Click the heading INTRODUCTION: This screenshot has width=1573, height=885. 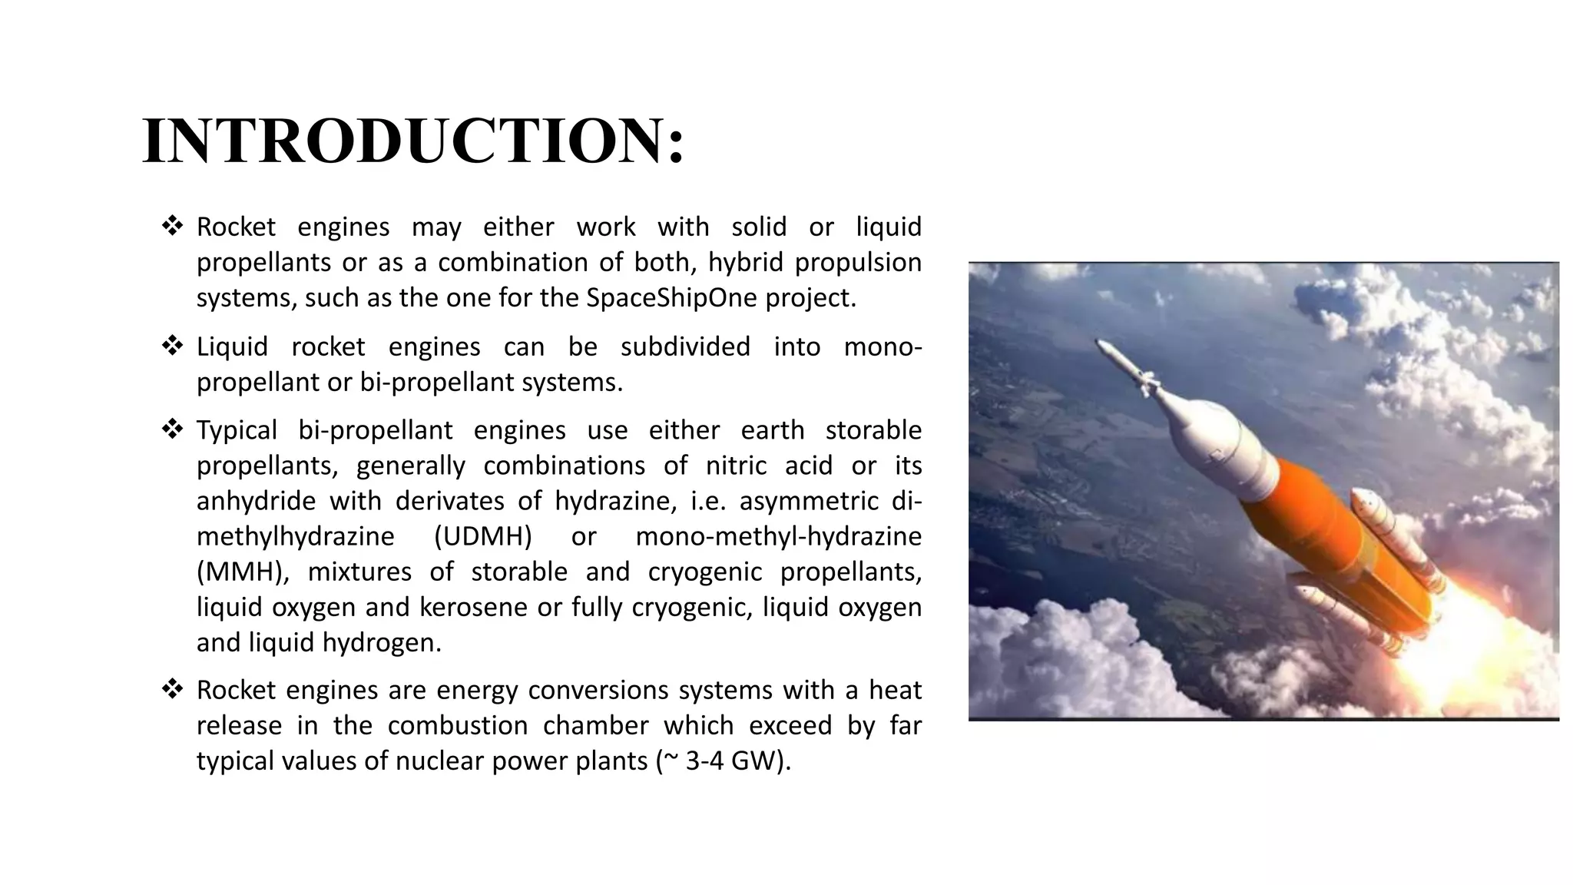click(x=412, y=141)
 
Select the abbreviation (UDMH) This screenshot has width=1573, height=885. click(x=482, y=536)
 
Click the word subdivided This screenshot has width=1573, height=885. click(x=685, y=347)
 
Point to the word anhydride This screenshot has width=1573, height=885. click(x=256, y=501)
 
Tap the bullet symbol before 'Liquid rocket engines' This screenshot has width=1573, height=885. click(x=172, y=346)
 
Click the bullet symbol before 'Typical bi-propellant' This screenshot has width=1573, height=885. click(x=172, y=429)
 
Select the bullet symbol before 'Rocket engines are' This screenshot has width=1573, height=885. click(x=172, y=689)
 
